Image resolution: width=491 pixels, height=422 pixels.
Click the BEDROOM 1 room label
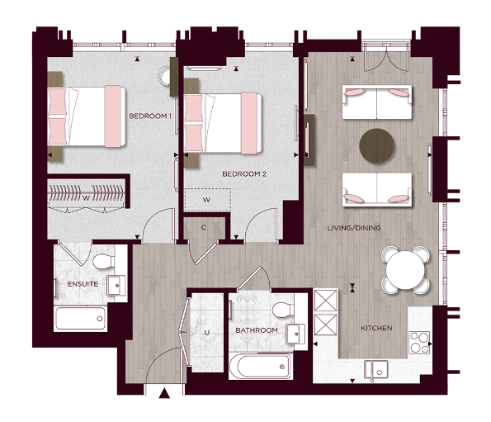coord(149,117)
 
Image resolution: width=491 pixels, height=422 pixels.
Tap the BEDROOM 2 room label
coord(244,174)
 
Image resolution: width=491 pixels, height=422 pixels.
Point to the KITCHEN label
coord(376,329)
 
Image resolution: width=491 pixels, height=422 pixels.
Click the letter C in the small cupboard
coord(204,227)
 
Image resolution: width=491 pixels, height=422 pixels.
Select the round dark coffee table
coord(378,145)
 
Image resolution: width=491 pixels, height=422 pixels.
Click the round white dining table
coord(406,269)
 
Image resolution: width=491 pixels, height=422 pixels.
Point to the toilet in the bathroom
coord(281,310)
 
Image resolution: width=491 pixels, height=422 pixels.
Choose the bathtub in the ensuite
coord(80,318)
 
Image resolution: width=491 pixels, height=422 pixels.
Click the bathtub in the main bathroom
coord(260,364)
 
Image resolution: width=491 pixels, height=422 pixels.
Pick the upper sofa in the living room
coord(377,102)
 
